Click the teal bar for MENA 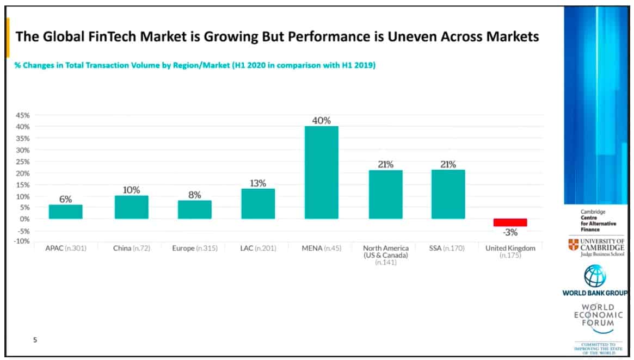click(321, 172)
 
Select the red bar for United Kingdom click(510, 222)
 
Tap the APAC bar click(65, 212)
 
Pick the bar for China click(131, 207)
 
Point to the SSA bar click(448, 194)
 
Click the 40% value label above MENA click(321, 121)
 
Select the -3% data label click(510, 233)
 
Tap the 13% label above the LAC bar click(258, 183)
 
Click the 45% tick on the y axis click(22, 115)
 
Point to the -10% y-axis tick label click(22, 241)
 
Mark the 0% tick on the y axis click(24, 219)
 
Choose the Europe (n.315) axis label click(194, 249)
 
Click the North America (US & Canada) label click(385, 252)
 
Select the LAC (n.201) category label click(258, 249)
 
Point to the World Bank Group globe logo click(594, 276)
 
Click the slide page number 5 click(35, 340)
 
